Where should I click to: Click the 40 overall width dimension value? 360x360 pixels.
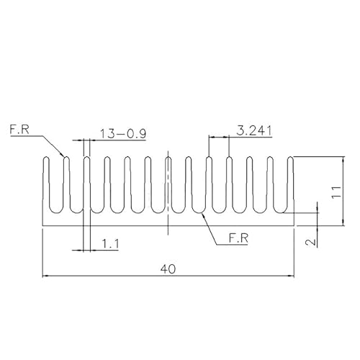(x=168, y=269)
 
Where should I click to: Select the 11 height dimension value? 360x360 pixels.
(x=338, y=192)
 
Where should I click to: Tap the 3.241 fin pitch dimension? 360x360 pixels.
(x=254, y=131)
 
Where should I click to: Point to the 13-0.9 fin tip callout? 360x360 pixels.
(x=123, y=134)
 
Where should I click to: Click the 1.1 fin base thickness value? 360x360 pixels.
(x=111, y=244)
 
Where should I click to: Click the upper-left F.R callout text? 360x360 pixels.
(x=19, y=130)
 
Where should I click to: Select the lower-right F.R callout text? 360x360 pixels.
(x=238, y=238)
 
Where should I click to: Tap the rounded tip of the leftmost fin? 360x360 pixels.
(x=47, y=157)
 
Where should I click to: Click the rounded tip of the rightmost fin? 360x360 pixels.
(x=291, y=157)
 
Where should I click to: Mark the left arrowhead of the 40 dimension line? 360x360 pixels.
(x=45, y=276)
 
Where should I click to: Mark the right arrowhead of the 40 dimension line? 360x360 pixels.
(x=292, y=276)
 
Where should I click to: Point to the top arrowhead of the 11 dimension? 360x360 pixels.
(x=343, y=159)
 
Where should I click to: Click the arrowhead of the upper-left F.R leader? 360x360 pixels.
(x=63, y=154)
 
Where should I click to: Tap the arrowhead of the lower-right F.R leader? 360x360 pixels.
(x=204, y=215)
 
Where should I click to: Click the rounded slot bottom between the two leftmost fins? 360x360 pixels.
(x=56, y=212)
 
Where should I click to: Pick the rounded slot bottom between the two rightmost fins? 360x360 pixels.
(x=281, y=212)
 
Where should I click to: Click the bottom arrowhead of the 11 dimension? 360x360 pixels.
(x=343, y=223)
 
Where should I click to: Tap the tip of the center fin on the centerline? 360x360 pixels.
(x=168, y=157)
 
